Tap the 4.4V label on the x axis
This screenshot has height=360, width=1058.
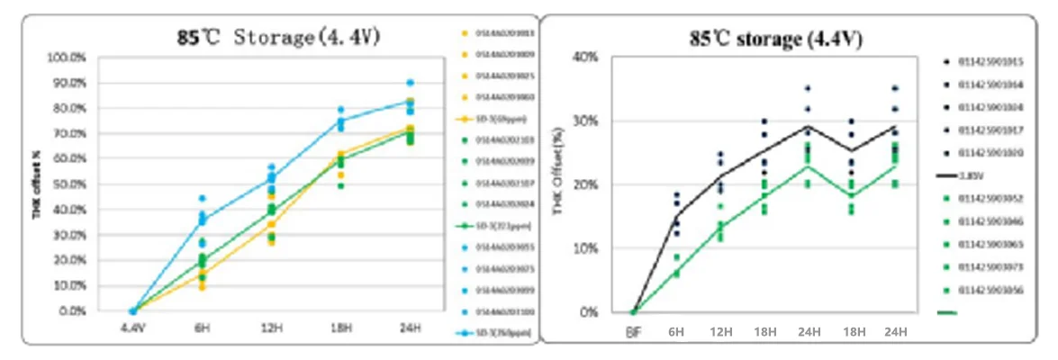tap(133, 328)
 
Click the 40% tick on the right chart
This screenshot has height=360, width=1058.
tap(587, 58)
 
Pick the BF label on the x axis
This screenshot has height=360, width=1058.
tap(633, 331)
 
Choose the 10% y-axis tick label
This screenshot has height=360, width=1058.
tap(587, 248)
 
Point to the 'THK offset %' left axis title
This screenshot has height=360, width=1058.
tap(38, 184)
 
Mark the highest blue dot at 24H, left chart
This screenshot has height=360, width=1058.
tap(410, 83)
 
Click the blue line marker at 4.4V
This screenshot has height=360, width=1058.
tap(133, 311)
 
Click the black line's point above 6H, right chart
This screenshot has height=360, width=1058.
tap(677, 214)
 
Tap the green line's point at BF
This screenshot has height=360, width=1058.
tap(633, 311)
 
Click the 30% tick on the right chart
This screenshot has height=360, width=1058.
tap(587, 121)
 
